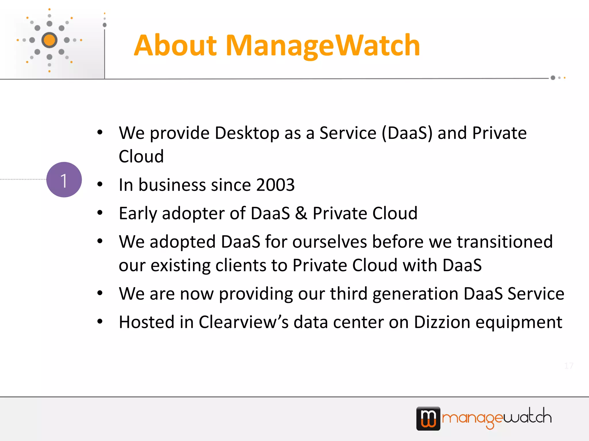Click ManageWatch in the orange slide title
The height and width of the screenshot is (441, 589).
323,45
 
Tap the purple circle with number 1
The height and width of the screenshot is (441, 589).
64,180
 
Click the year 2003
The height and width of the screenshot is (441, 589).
275,185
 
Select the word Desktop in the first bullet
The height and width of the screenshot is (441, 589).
247,133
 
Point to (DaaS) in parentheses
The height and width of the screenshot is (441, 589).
407,133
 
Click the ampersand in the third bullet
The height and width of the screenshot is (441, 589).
301,213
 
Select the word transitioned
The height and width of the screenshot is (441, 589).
505,241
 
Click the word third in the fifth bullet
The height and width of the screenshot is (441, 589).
349,293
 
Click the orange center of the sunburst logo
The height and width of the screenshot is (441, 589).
49,40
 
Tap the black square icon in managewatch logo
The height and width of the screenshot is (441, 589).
428,418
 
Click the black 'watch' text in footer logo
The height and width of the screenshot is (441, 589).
527,416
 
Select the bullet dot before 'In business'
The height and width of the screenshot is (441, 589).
100,184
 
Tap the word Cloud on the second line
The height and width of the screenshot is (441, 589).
141,156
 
